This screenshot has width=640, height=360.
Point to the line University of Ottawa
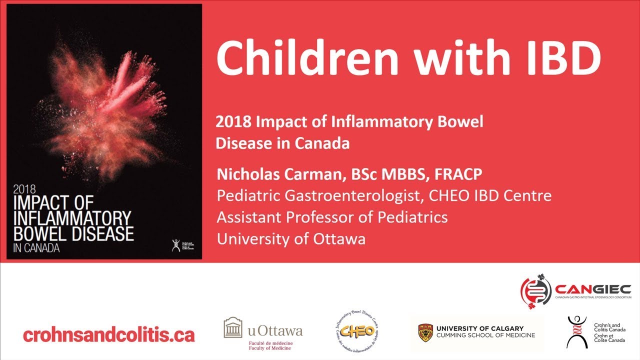point(291,239)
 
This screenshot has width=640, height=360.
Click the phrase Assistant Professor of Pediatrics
point(332,217)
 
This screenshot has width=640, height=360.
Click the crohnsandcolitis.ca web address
point(108,334)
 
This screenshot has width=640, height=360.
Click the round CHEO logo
point(355,331)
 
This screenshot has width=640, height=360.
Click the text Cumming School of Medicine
point(485,335)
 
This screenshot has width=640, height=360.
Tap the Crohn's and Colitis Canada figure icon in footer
point(577,331)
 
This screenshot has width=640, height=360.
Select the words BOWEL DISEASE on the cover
point(74,234)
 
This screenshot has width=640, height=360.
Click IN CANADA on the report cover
point(36,248)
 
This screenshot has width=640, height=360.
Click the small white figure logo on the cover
point(175,245)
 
